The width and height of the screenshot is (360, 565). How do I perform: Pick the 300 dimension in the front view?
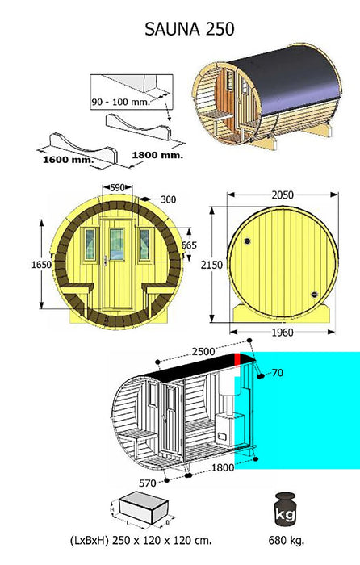click(x=168, y=199)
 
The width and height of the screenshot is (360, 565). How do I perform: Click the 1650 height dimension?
click(x=41, y=263)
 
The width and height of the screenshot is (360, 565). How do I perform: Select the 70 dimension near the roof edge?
click(x=278, y=374)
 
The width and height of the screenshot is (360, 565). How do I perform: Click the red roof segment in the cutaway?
click(x=238, y=360)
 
